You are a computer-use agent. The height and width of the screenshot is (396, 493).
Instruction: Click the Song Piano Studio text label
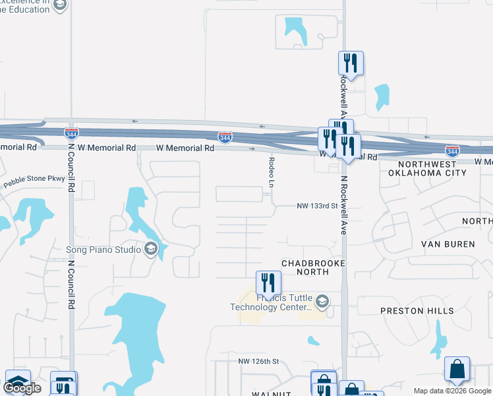point(104,249)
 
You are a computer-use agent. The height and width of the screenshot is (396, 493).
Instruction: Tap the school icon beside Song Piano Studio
point(151,249)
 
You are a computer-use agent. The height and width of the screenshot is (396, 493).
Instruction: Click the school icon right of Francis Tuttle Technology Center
point(322,302)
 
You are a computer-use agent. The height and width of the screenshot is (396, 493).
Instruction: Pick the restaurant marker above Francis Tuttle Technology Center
point(268,283)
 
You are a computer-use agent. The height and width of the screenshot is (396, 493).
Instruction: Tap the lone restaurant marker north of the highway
point(351,63)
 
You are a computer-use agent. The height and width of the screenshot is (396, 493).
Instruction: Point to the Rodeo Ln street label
point(272,171)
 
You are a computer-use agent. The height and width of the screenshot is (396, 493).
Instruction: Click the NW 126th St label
point(259,361)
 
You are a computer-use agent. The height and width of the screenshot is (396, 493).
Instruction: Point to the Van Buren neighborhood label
point(448,244)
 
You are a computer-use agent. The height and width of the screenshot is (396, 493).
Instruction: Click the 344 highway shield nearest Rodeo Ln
point(225,137)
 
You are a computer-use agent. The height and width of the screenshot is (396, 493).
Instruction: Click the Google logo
point(22,388)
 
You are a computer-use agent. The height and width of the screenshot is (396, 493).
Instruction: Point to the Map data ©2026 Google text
point(452,391)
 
